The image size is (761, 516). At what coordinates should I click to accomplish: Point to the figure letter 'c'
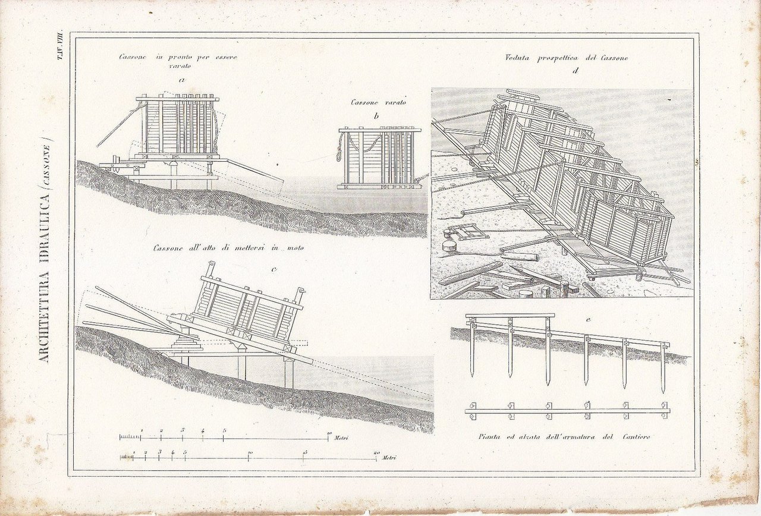coord(273,269)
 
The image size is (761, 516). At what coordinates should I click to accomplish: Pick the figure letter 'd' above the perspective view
coord(574,72)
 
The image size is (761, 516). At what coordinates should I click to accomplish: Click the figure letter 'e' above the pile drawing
coord(588,320)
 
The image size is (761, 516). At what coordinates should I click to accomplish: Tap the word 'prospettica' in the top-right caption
coord(558,58)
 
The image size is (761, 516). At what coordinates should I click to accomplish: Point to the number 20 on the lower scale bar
coord(376,453)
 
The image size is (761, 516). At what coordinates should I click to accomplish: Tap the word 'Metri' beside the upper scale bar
coord(341,438)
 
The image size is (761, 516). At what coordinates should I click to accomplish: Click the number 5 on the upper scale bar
coord(224,430)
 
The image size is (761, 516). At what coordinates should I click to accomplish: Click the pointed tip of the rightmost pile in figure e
coord(663,391)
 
